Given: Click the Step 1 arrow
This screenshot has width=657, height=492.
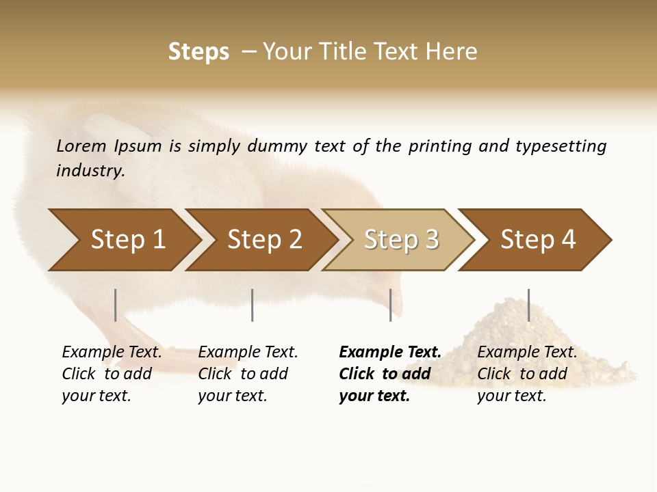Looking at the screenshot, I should (x=127, y=240).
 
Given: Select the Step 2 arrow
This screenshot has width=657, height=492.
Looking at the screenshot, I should (x=264, y=240).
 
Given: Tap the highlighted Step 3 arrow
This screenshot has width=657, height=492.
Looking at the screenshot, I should (x=401, y=240).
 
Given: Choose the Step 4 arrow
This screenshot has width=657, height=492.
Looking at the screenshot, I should (x=538, y=240).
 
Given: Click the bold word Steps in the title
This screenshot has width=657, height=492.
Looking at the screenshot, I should (x=198, y=52).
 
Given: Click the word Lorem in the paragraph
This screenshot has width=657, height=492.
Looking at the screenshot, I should (x=81, y=146).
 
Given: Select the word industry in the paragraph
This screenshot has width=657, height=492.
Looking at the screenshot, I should (x=90, y=171).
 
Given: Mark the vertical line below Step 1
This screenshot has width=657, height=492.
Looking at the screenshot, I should (x=116, y=305).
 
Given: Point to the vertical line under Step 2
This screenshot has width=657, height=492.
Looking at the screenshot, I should (x=253, y=305).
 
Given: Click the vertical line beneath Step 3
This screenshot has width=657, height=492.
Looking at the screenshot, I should (x=390, y=305).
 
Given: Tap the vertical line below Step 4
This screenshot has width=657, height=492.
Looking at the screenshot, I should (x=528, y=305).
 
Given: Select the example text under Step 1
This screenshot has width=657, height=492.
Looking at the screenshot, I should (x=112, y=374).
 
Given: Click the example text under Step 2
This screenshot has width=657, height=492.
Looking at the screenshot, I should (x=248, y=374).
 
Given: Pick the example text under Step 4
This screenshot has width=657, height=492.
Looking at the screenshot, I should (x=527, y=374).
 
